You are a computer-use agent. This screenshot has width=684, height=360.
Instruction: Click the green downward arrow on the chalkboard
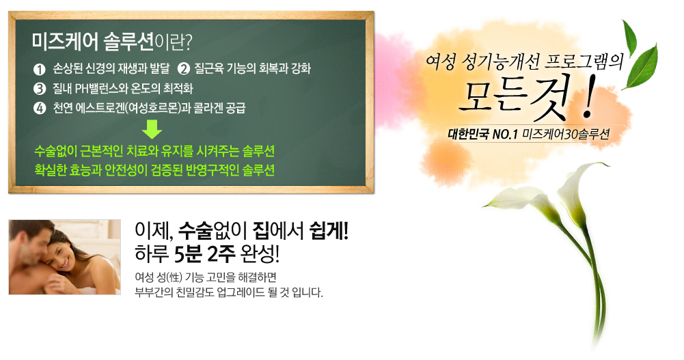click(x=152, y=129)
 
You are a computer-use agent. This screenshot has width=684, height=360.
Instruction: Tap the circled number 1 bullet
click(x=39, y=69)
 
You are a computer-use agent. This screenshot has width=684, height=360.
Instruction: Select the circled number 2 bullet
click(x=184, y=69)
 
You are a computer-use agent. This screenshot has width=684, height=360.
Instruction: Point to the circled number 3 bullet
click(x=39, y=89)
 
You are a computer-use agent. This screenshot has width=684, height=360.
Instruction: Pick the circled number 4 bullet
click(x=39, y=108)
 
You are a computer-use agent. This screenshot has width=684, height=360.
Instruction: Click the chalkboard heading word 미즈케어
click(x=65, y=42)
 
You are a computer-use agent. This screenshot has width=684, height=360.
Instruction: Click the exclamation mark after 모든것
click(x=588, y=98)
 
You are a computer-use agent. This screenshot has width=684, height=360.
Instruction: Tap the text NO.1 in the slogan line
click(x=505, y=135)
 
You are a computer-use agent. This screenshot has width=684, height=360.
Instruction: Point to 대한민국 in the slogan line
click(x=469, y=135)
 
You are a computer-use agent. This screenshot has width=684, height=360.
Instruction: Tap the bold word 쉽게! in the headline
click(x=329, y=231)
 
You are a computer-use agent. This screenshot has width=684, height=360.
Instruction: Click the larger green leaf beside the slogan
click(x=641, y=67)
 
